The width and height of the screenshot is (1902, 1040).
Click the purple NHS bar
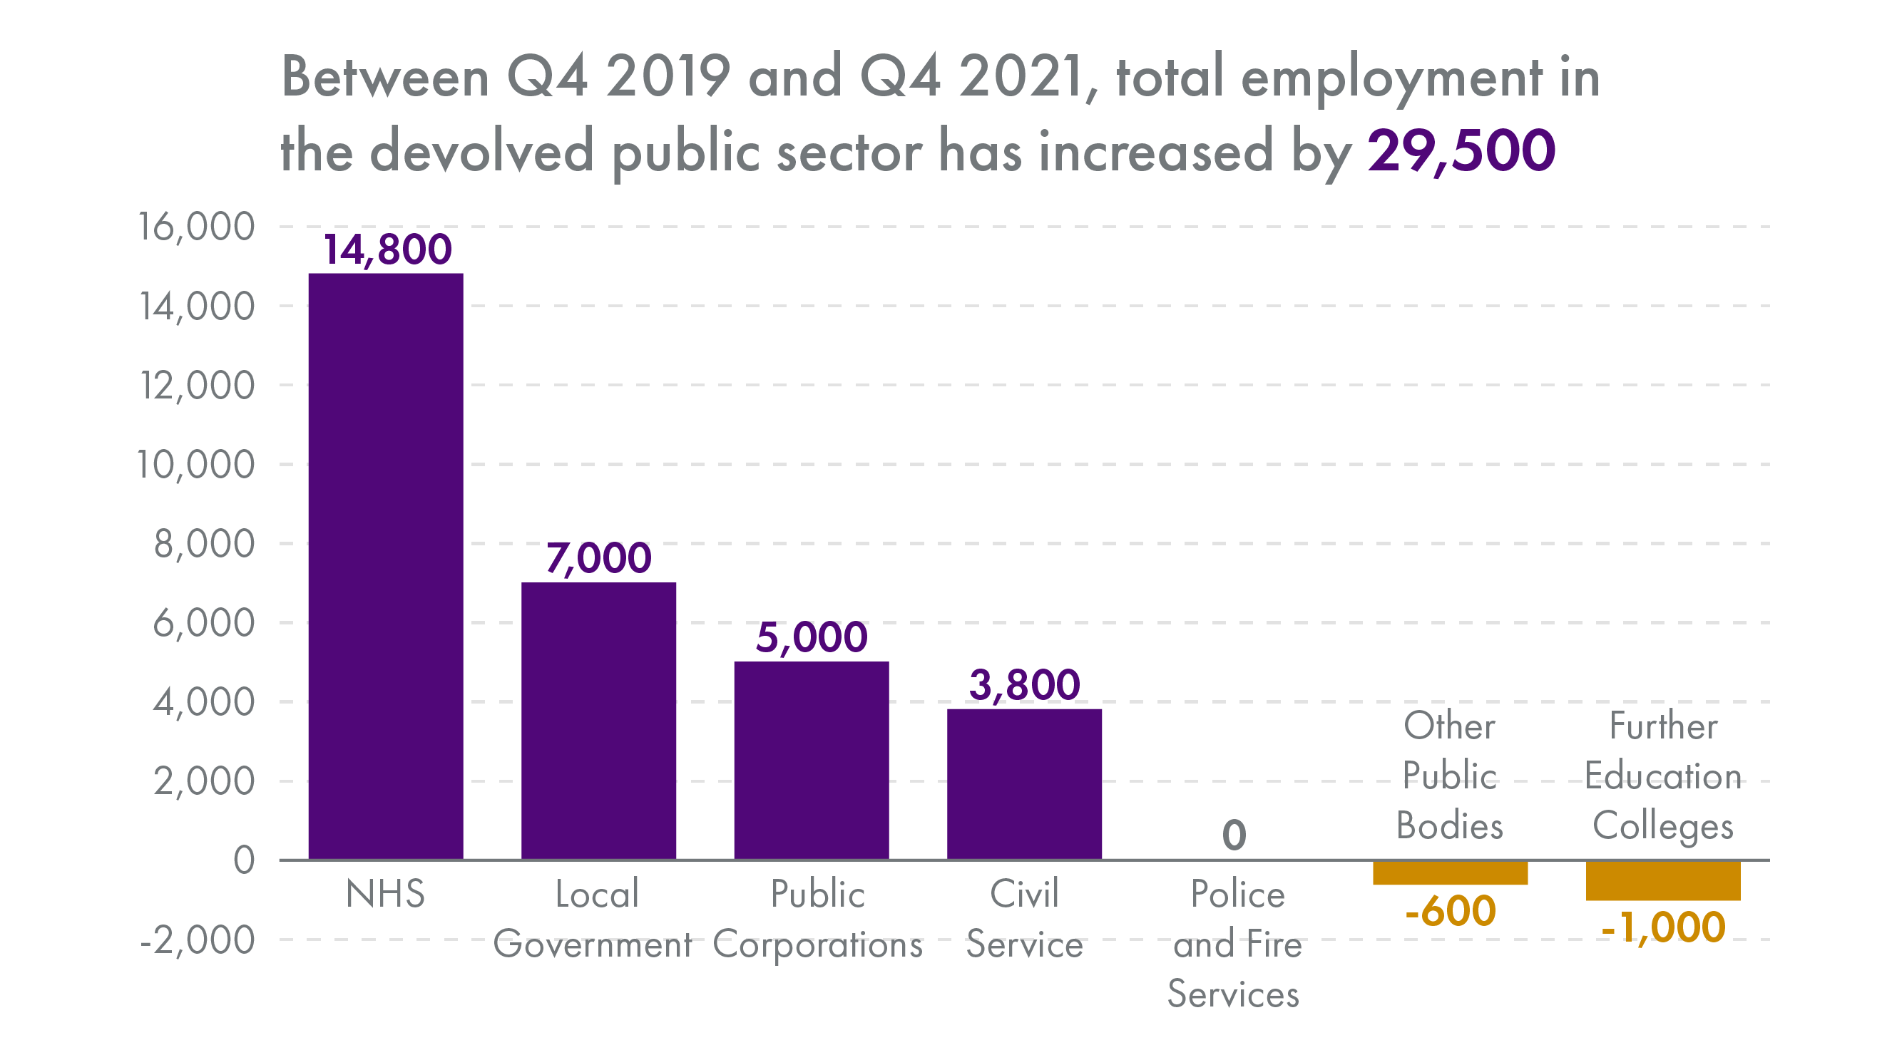385,565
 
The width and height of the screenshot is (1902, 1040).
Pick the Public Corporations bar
811,760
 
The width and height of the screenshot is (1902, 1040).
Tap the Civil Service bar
1024,783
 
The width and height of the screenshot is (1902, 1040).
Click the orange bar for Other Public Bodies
1449,872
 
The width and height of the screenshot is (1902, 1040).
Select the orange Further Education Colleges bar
1663,880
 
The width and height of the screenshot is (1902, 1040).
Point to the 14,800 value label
387,249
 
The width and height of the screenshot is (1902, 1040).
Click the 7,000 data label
598,558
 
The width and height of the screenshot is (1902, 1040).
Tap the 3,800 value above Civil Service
1024,685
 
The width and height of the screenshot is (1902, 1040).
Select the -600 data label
1449,911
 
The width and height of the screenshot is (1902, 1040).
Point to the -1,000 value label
1663,927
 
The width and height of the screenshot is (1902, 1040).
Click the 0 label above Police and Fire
1234,835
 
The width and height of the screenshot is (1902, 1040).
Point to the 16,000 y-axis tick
196,227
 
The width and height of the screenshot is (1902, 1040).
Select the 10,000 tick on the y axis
196,464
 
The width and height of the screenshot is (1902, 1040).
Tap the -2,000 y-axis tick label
196,940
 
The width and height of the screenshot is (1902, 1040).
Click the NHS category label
385,894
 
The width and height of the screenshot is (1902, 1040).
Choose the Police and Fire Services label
1237,944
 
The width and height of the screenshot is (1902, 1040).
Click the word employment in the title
1391,78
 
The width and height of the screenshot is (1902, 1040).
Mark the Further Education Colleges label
1663,776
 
